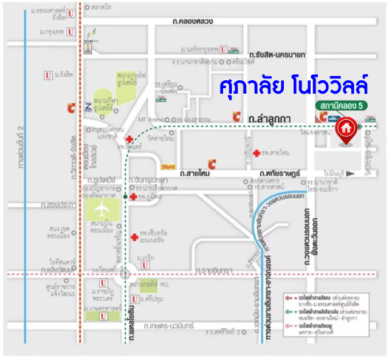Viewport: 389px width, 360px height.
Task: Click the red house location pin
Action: tap(346, 130)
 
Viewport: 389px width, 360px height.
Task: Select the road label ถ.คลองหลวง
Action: tap(192, 22)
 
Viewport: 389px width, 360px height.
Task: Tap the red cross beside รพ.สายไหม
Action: tap(257, 152)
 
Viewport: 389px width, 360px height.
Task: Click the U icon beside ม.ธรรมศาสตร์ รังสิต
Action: tap(72, 13)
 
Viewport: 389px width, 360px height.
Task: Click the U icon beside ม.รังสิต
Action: tap(47, 75)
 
